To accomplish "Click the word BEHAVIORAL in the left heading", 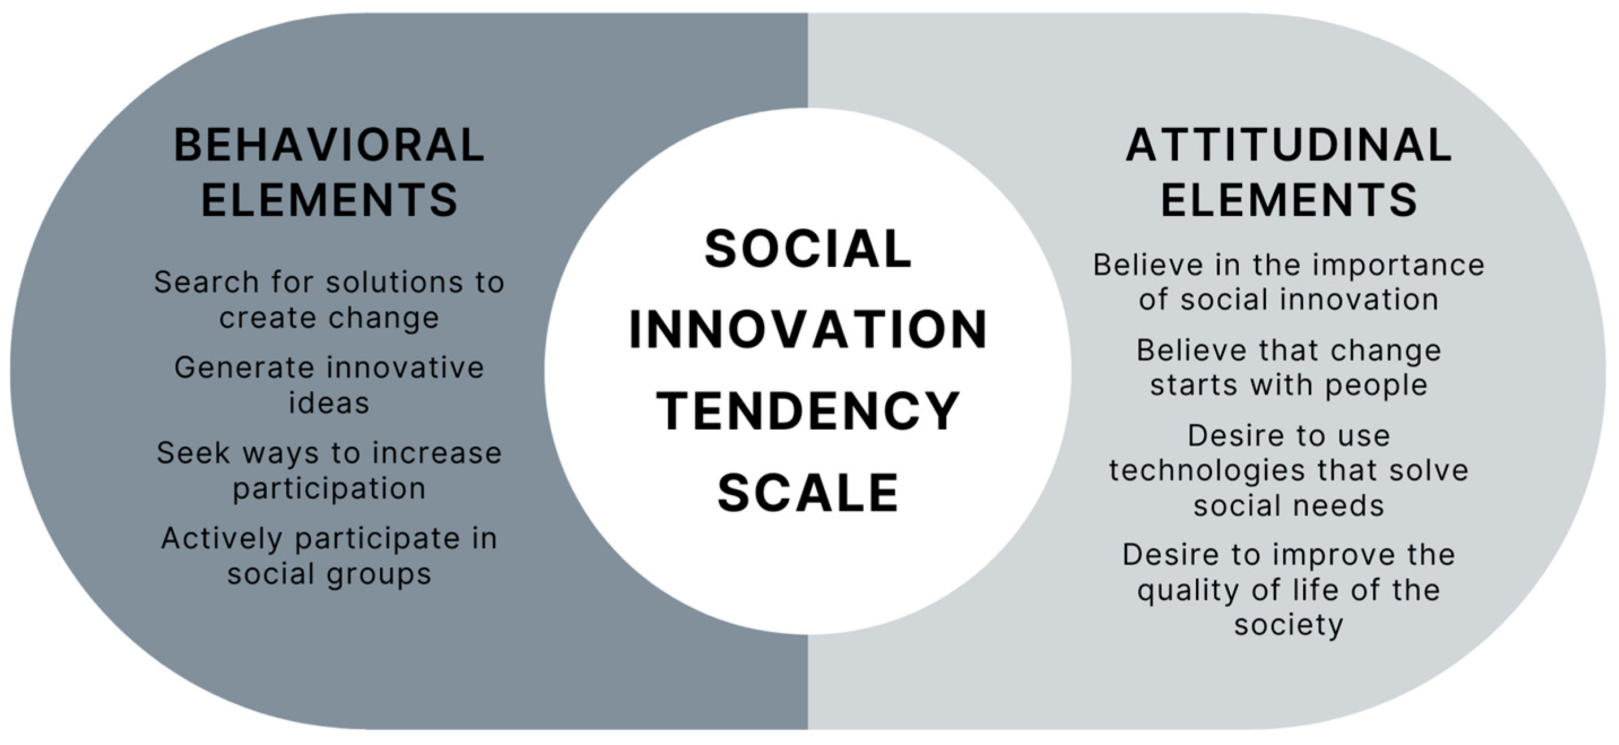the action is pos(329,145).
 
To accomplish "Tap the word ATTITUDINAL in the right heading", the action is pos(1289,145).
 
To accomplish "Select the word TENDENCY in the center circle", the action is pos(808,411).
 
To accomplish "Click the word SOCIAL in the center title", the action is pos(808,249).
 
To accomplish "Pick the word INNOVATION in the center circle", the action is pos(808,330).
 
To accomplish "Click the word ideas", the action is pos(329,403).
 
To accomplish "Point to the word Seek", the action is pos(193,453).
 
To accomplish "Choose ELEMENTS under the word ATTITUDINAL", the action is pos(1289,200).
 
